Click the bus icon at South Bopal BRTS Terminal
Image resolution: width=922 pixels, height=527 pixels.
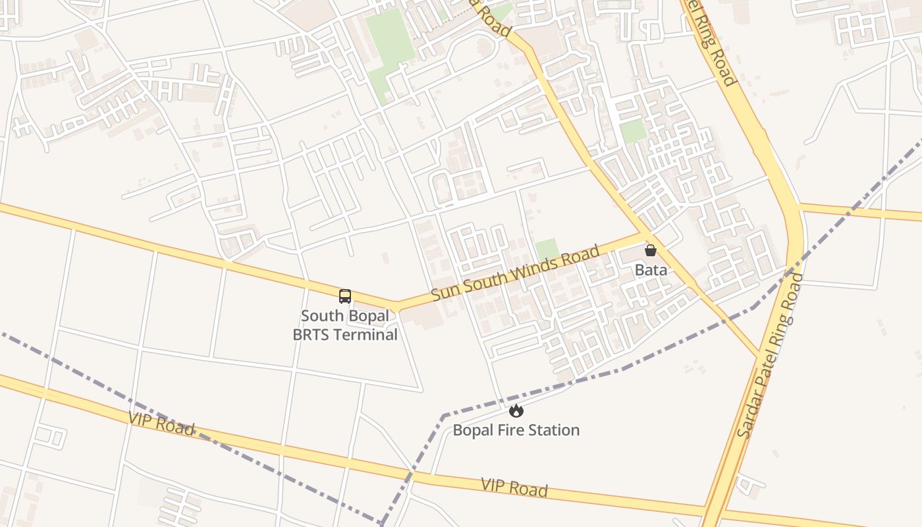345,296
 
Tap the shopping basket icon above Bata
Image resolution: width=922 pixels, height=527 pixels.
651,250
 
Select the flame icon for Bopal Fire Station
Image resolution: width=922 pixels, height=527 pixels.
516,411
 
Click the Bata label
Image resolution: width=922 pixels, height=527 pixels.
651,270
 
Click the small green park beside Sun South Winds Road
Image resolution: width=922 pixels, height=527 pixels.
547,250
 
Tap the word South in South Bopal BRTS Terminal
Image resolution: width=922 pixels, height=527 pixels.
322,316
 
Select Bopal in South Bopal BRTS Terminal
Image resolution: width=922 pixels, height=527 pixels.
369,316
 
